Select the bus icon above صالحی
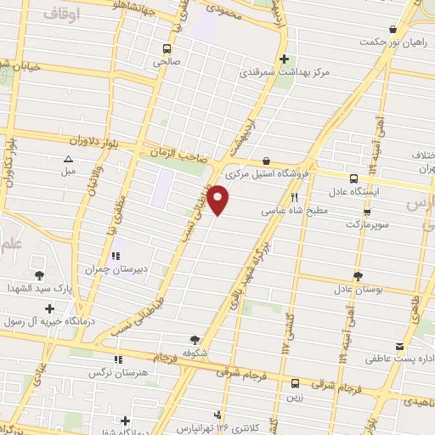[167, 48]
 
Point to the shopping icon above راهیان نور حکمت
[392, 29]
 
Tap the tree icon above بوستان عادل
[358, 275]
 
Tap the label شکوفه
[195, 352]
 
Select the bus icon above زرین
[295, 383]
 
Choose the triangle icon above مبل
[68, 158]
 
